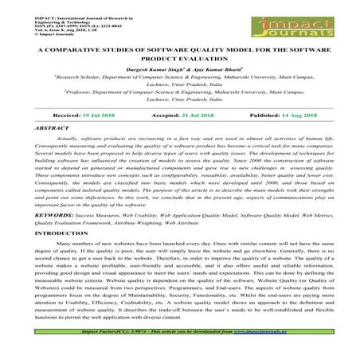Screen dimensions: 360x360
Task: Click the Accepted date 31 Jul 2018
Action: pyautogui.click(x=196, y=115)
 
